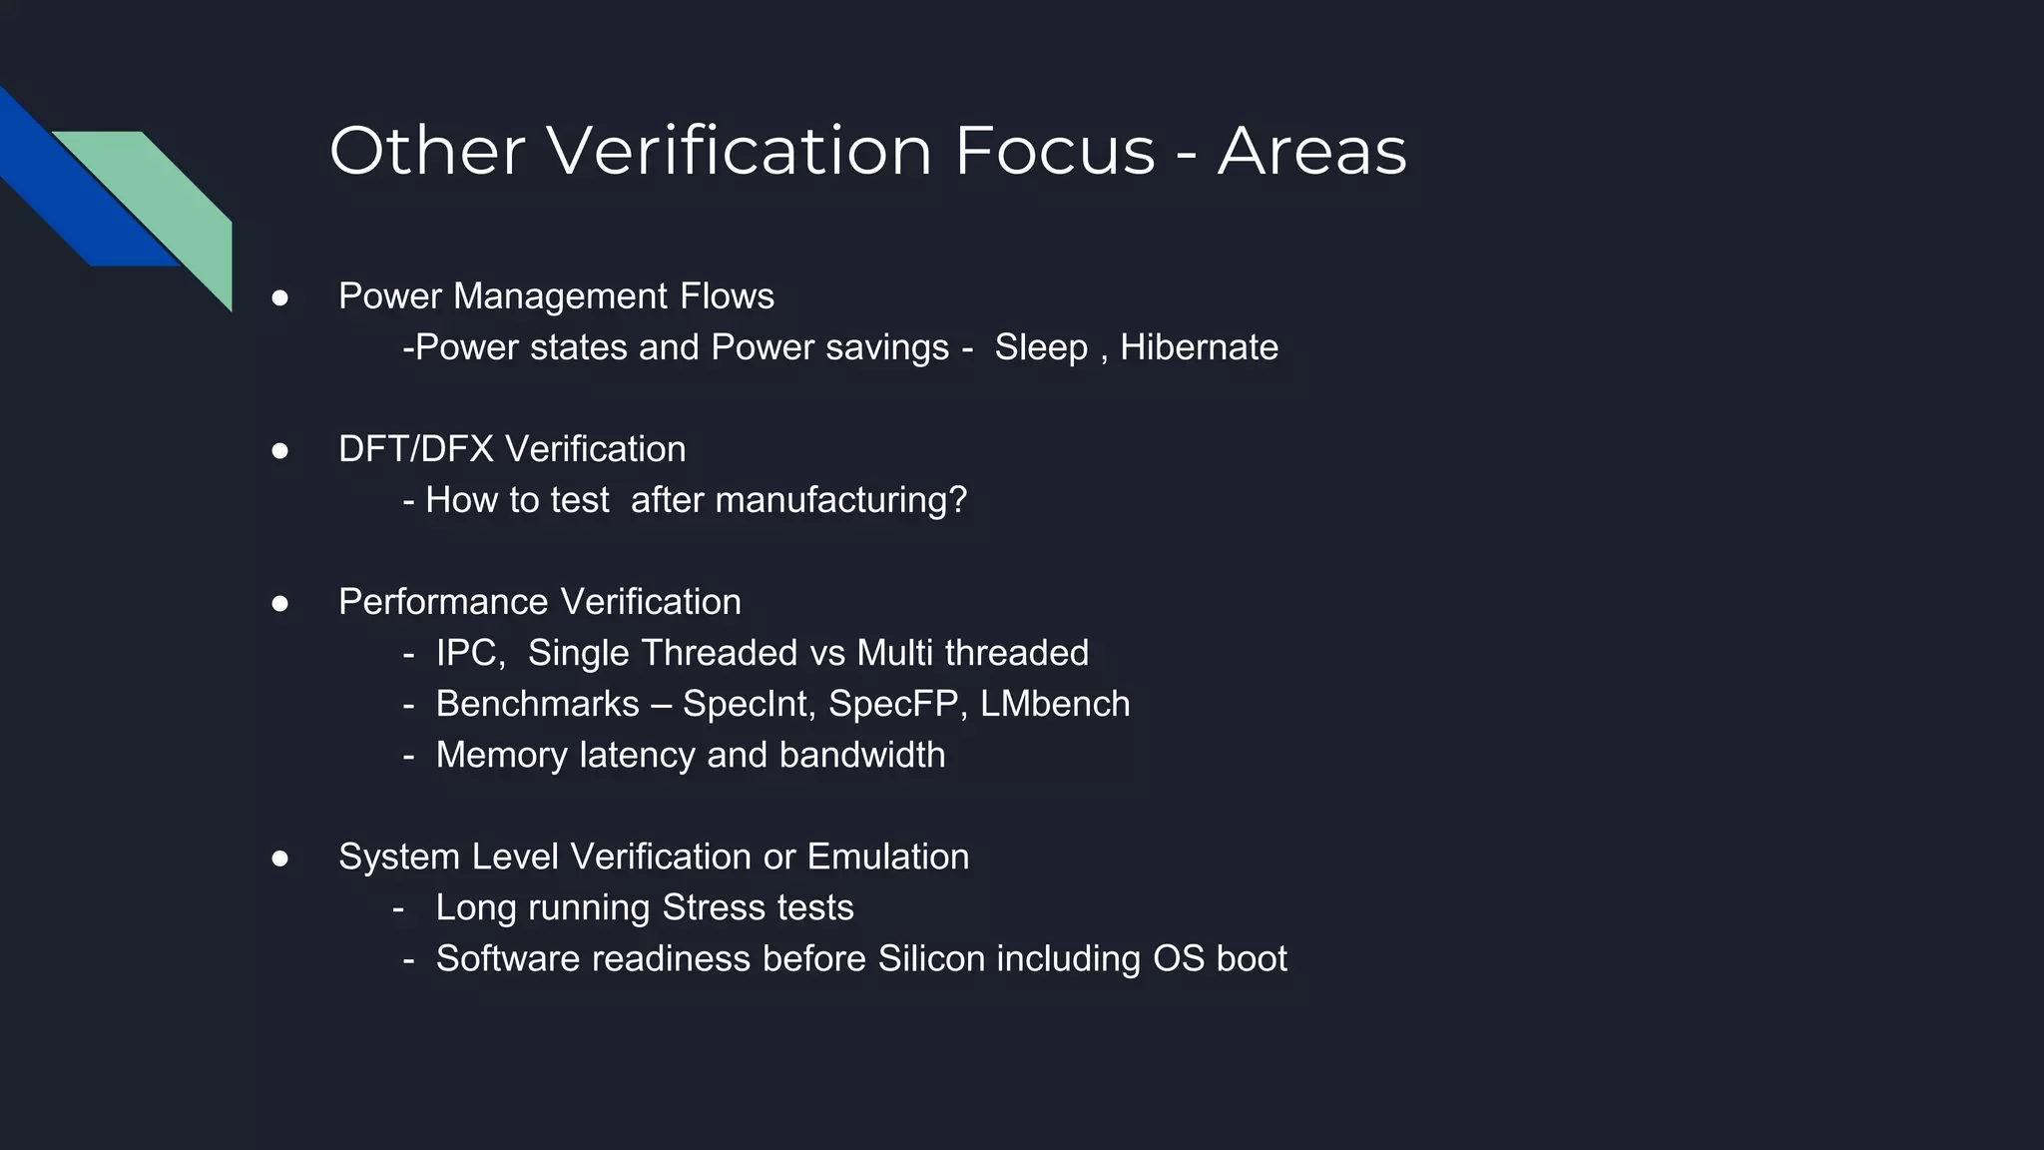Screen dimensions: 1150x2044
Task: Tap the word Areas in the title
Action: [1311, 151]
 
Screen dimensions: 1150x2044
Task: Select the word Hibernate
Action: [1199, 347]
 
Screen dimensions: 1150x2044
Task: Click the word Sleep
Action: [1041, 347]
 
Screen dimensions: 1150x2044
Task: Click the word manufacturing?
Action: [841, 500]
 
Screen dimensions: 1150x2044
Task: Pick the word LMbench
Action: [1055, 704]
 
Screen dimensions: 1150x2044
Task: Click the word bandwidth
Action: [862, 755]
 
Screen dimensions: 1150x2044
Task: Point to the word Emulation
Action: [887, 857]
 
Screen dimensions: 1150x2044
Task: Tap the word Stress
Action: [710, 907]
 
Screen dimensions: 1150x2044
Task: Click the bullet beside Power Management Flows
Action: [280, 297]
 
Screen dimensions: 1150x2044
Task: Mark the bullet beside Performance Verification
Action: [280, 603]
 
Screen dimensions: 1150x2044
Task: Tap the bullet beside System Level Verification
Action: [280, 858]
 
